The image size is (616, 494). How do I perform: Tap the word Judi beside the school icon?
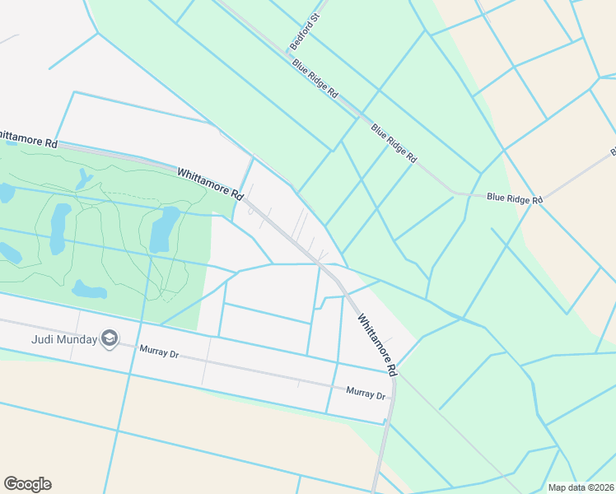(x=43, y=338)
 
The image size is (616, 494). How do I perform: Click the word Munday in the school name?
(x=77, y=338)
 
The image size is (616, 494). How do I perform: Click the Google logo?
(x=27, y=484)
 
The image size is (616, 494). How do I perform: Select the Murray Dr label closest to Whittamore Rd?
(x=366, y=394)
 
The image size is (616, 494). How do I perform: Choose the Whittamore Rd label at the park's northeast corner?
(x=211, y=184)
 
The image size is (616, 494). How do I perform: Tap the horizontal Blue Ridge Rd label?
(x=515, y=198)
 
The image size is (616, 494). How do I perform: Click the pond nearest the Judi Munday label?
(x=89, y=290)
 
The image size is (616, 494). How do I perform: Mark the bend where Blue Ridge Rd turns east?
(x=454, y=194)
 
